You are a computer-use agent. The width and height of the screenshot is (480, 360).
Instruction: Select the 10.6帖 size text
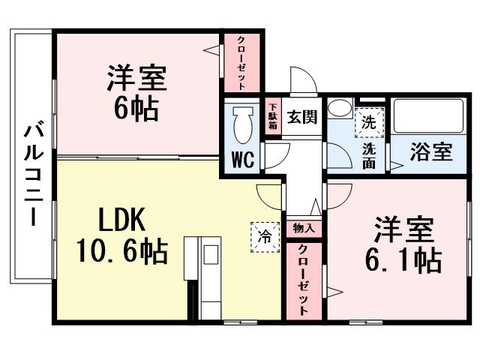coord(121,250)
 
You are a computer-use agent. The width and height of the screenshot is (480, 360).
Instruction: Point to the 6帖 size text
coord(136,109)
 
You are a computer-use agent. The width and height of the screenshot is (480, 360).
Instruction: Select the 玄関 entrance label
coord(301,117)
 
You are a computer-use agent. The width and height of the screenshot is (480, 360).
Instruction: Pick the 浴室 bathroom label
coord(431,151)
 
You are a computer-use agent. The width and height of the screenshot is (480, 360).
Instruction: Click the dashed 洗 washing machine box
coord(368,122)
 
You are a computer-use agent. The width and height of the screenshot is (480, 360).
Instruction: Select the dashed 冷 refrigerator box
coord(264,235)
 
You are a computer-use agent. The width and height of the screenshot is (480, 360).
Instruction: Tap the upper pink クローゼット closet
coord(241,62)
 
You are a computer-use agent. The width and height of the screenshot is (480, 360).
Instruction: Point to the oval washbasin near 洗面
coord(339,109)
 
